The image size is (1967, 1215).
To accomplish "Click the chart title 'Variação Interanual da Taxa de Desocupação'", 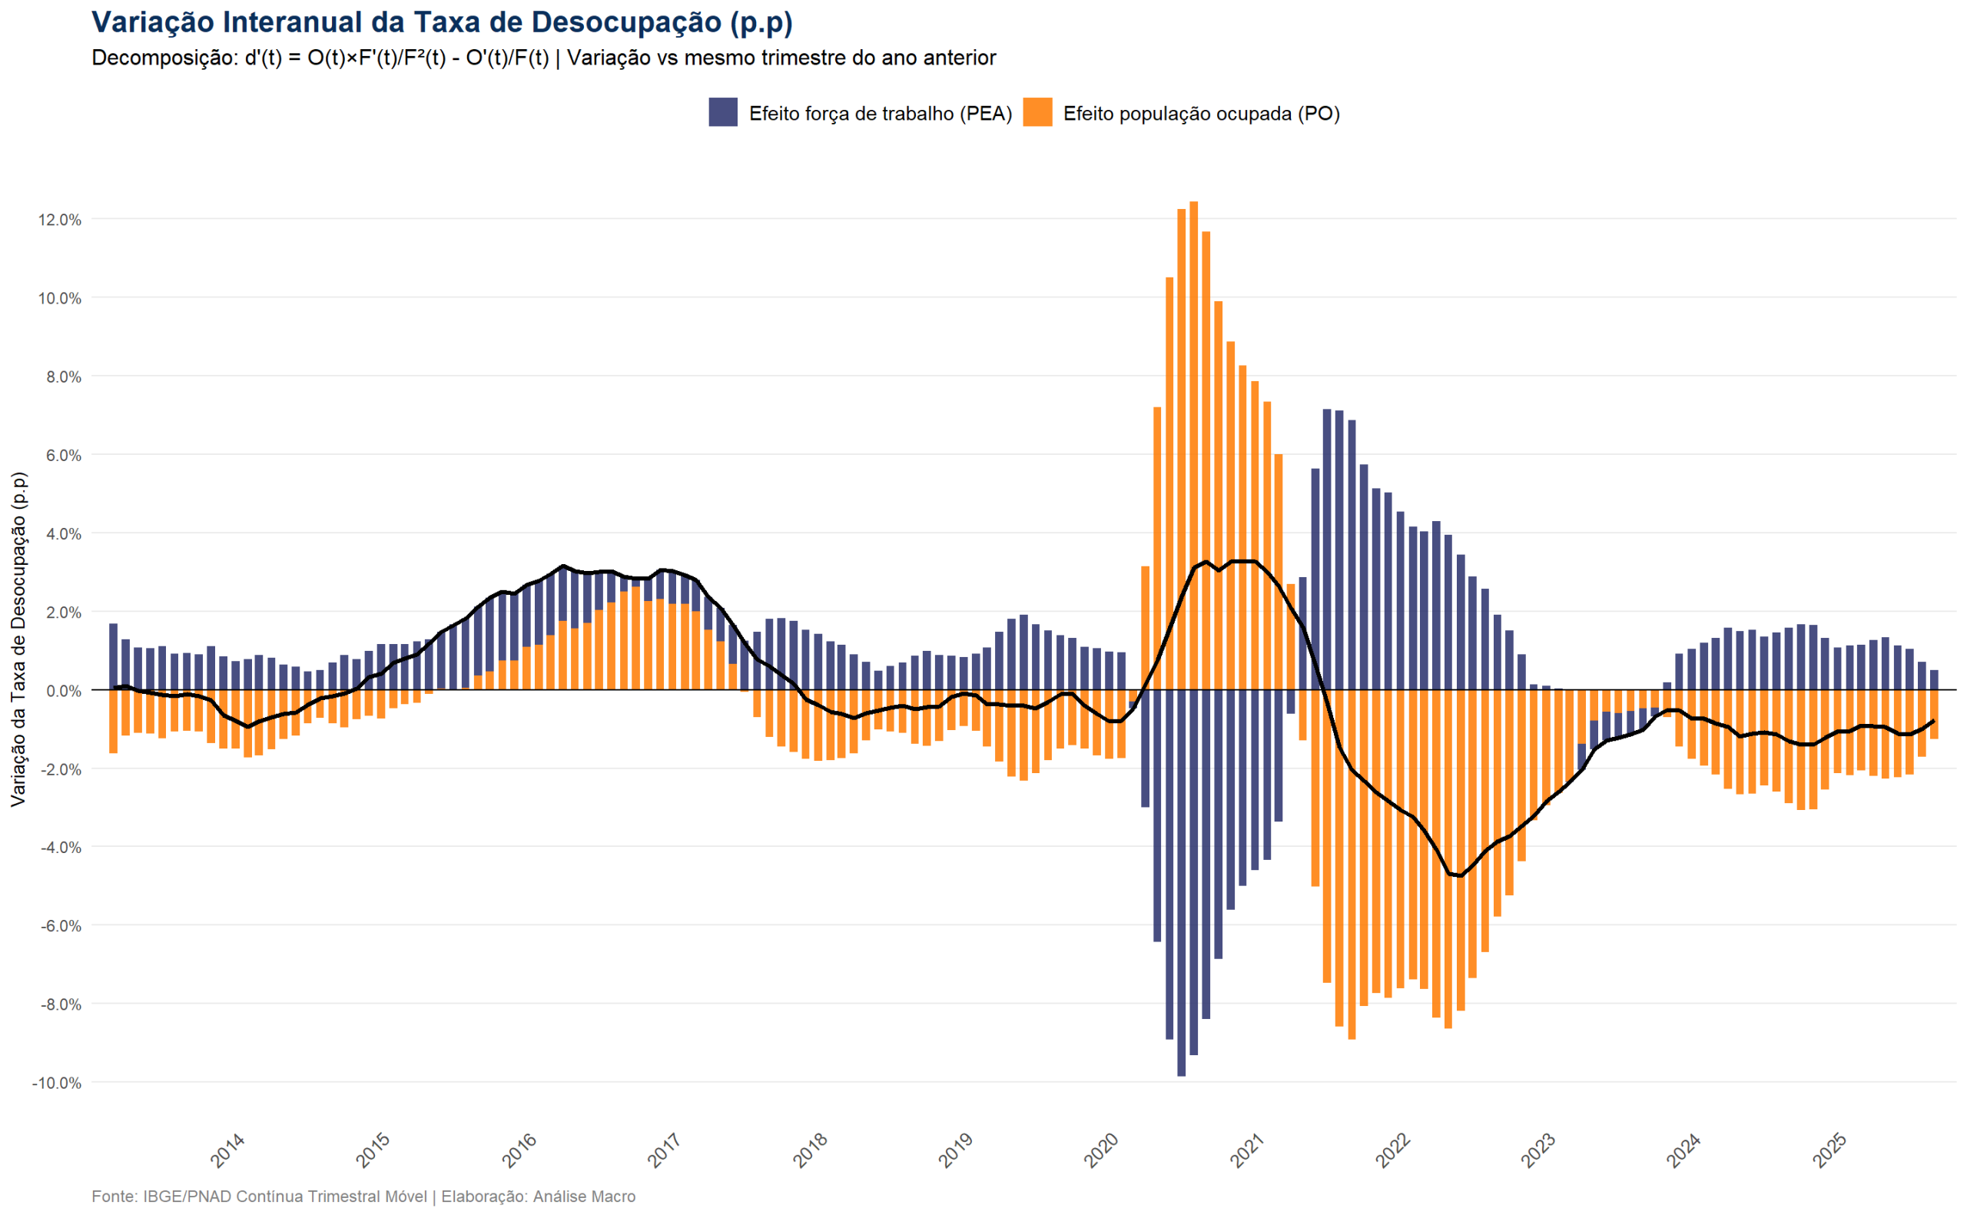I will [x=442, y=22].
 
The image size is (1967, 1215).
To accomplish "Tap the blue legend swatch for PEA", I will [x=723, y=112].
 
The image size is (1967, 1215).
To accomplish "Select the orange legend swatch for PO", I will [x=1037, y=112].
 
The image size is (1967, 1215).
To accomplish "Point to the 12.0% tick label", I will [x=59, y=219].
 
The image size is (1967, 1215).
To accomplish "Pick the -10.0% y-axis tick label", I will [x=56, y=1084].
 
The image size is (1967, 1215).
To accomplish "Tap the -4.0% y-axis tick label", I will [x=59, y=848].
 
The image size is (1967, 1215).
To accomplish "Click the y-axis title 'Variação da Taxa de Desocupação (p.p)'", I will [x=18, y=639].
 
